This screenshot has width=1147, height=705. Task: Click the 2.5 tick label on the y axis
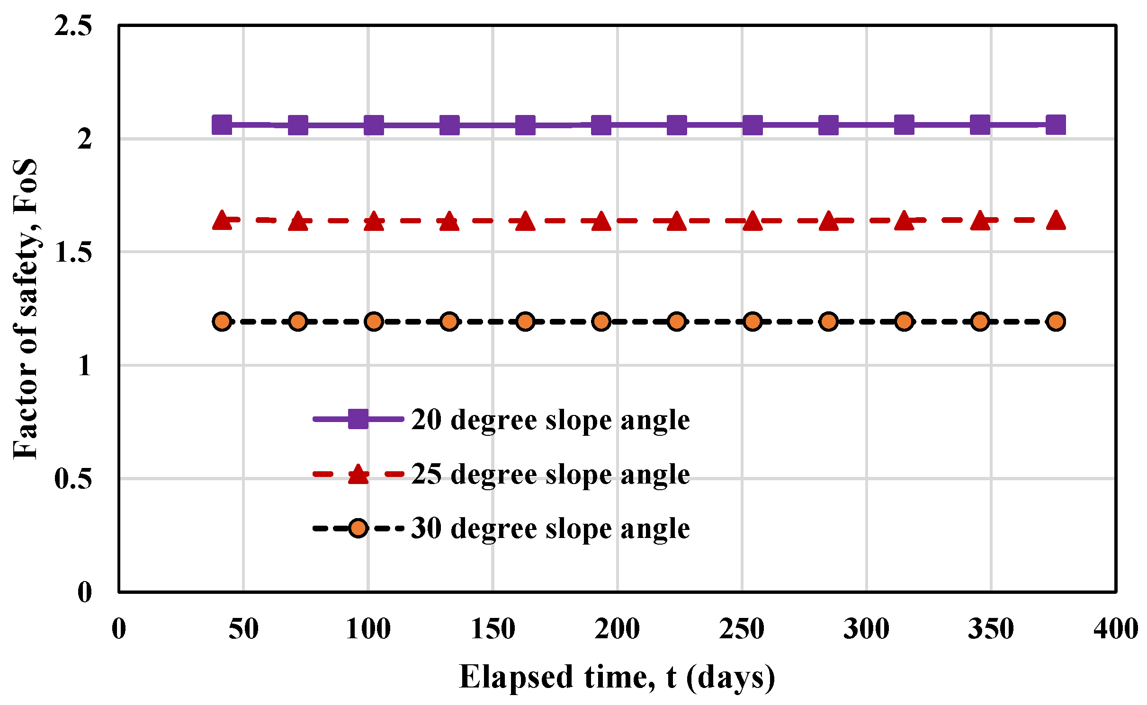click(x=72, y=26)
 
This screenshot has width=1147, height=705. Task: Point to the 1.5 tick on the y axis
click(x=72, y=252)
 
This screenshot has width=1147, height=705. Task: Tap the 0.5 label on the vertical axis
click(x=72, y=478)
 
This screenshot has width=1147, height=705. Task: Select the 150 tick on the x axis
click(x=493, y=629)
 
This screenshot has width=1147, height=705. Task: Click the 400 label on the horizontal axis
click(x=1116, y=629)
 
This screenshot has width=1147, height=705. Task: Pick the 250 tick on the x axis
click(x=742, y=629)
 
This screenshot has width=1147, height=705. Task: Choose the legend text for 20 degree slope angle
click(x=550, y=420)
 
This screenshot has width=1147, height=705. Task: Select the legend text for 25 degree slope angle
click(x=550, y=474)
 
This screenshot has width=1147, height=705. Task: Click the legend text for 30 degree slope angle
click(x=550, y=528)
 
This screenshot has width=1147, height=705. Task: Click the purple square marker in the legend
click(x=358, y=419)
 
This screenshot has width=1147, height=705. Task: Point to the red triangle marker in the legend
click(x=358, y=474)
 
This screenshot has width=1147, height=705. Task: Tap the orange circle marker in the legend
click(x=358, y=528)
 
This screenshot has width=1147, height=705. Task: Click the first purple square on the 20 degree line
click(x=222, y=124)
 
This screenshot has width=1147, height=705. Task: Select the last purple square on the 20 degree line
click(x=1056, y=125)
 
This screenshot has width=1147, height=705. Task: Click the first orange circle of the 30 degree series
click(x=222, y=322)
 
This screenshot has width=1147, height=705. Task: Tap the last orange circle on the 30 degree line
click(x=1056, y=322)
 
